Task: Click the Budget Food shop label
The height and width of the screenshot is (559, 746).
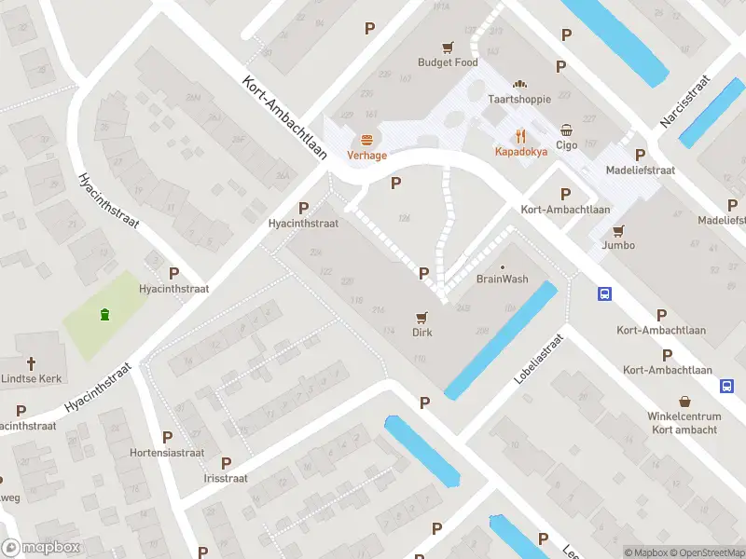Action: pyautogui.click(x=448, y=62)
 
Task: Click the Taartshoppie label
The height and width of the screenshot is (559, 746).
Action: pyautogui.click(x=519, y=99)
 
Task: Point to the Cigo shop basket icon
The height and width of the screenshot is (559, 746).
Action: pyautogui.click(x=567, y=130)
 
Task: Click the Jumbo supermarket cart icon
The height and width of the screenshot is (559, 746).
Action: pyautogui.click(x=618, y=230)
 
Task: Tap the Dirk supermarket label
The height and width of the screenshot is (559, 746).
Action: pyautogui.click(x=422, y=332)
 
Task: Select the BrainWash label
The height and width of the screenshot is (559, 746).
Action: pyautogui.click(x=502, y=279)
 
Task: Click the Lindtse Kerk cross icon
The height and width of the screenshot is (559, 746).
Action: pyautogui.click(x=31, y=362)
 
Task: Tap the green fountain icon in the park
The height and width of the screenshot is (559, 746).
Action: pyautogui.click(x=104, y=314)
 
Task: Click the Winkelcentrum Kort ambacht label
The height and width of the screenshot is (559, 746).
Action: pyautogui.click(x=684, y=423)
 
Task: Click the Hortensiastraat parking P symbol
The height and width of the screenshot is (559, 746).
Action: pyautogui.click(x=168, y=437)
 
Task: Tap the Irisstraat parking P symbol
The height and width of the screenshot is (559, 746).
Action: pyautogui.click(x=226, y=463)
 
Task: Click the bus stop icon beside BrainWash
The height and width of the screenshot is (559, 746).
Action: pyautogui.click(x=605, y=293)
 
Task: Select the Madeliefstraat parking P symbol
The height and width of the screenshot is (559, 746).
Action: pyautogui.click(x=640, y=155)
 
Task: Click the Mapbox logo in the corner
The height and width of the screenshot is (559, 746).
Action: pyautogui.click(x=41, y=548)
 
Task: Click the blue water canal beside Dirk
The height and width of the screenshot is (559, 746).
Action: pyautogui.click(x=500, y=341)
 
